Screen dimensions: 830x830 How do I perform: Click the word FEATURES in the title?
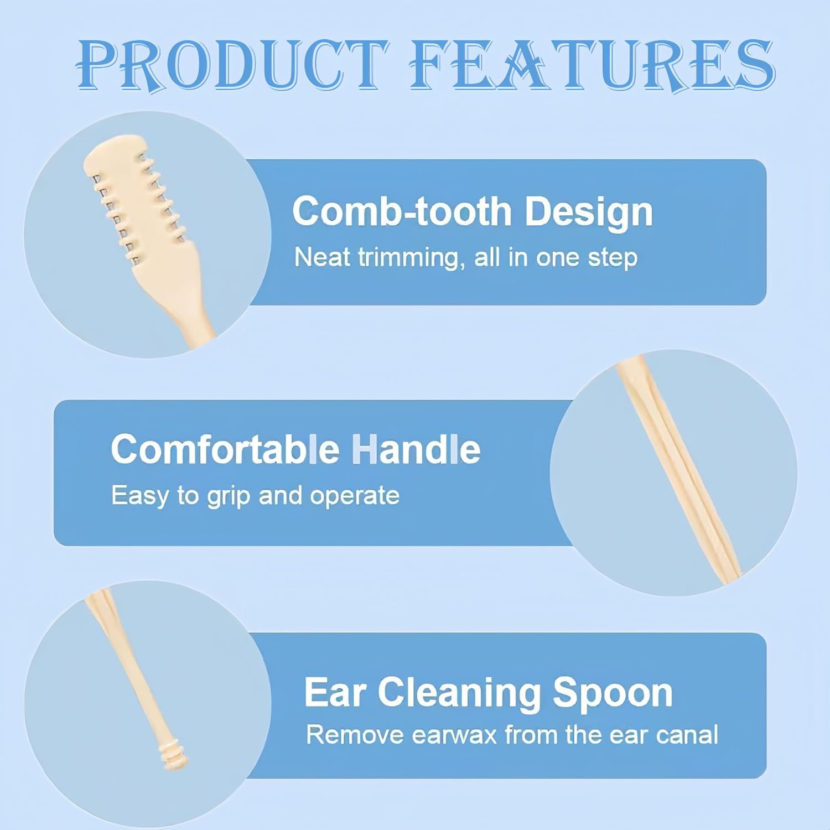592,65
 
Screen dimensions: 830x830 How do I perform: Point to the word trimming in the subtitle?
411,258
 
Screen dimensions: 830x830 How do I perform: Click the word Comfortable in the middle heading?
225,449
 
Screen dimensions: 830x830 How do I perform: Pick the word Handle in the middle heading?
416,449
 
